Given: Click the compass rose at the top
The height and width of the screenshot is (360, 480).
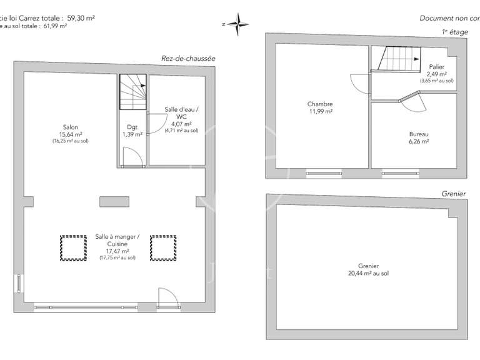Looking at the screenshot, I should (237, 24).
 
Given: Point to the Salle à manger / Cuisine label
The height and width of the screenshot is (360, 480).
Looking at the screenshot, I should (117, 246).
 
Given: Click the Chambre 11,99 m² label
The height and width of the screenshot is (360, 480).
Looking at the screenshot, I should (319, 107).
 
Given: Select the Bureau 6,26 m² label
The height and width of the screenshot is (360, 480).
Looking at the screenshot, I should (418, 137).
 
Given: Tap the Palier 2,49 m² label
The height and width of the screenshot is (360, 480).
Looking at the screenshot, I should (436, 73).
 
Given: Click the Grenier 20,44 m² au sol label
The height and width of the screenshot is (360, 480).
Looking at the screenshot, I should (368, 269).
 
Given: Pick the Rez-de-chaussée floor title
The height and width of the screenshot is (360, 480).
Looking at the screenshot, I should (188, 58).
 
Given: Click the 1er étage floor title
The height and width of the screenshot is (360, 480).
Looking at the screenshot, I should (451, 32).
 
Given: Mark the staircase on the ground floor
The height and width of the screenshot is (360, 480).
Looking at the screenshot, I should (132, 92).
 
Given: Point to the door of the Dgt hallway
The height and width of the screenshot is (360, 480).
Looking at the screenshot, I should (132, 157).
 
